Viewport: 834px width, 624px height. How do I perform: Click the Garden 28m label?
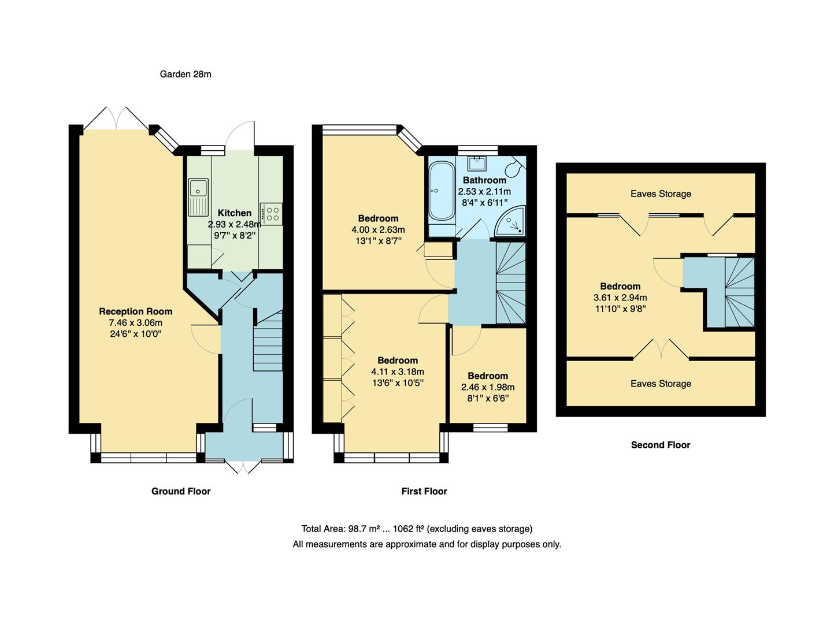pos(185,74)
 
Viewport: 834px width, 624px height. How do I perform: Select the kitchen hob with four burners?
pos(272,213)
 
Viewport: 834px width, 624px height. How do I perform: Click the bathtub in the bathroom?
pos(442,191)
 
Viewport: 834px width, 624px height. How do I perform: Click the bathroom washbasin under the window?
pos(477,163)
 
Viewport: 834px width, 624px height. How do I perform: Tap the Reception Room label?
pos(136,311)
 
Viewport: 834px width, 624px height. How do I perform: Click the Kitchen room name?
pos(234,213)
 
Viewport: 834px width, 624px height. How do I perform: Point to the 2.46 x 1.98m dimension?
pos(488,387)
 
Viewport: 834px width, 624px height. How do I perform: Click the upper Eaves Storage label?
pos(661,194)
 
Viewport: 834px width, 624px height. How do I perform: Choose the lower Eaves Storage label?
pos(661,384)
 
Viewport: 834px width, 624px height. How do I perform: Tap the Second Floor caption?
pos(661,445)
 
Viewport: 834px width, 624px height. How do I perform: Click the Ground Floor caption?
pos(181,491)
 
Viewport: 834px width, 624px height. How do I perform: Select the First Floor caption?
pos(424,491)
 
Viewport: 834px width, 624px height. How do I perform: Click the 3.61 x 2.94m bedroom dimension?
pos(620,298)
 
